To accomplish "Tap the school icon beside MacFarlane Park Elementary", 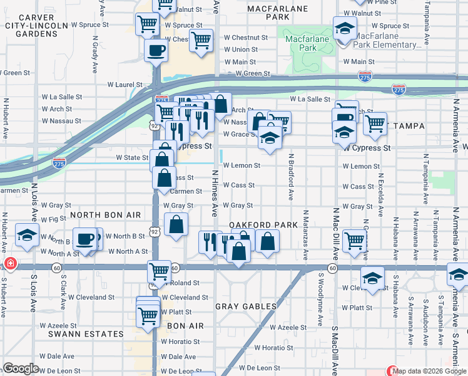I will click(x=344, y=29).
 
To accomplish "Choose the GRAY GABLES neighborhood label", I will click(x=246, y=306).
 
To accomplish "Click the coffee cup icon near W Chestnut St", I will click(x=156, y=51).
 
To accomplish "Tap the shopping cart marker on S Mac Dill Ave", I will click(x=354, y=241).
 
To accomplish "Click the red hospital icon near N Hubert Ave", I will click(x=9, y=264).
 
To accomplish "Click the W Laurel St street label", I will click(x=125, y=84).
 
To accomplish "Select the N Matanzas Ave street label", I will click(x=306, y=236).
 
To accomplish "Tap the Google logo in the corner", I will click(x=21, y=368).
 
